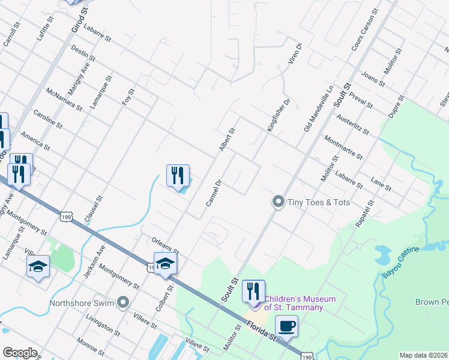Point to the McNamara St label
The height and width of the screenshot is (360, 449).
coord(64,99)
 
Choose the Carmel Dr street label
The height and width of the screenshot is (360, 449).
coord(214,193)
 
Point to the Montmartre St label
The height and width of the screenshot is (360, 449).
coord(343,147)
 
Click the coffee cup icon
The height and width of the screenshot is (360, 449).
coord(286,326)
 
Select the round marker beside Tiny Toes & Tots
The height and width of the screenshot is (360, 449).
coord(278,202)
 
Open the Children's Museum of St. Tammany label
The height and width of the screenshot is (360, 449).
coord(294,303)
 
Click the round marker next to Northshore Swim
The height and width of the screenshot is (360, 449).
coord(124,302)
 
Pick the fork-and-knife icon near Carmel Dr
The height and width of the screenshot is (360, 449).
coord(178,175)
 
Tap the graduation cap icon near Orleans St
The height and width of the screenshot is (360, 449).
coord(165,263)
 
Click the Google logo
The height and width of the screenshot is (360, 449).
coord(20,353)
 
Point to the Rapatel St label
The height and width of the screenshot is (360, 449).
coord(364,214)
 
